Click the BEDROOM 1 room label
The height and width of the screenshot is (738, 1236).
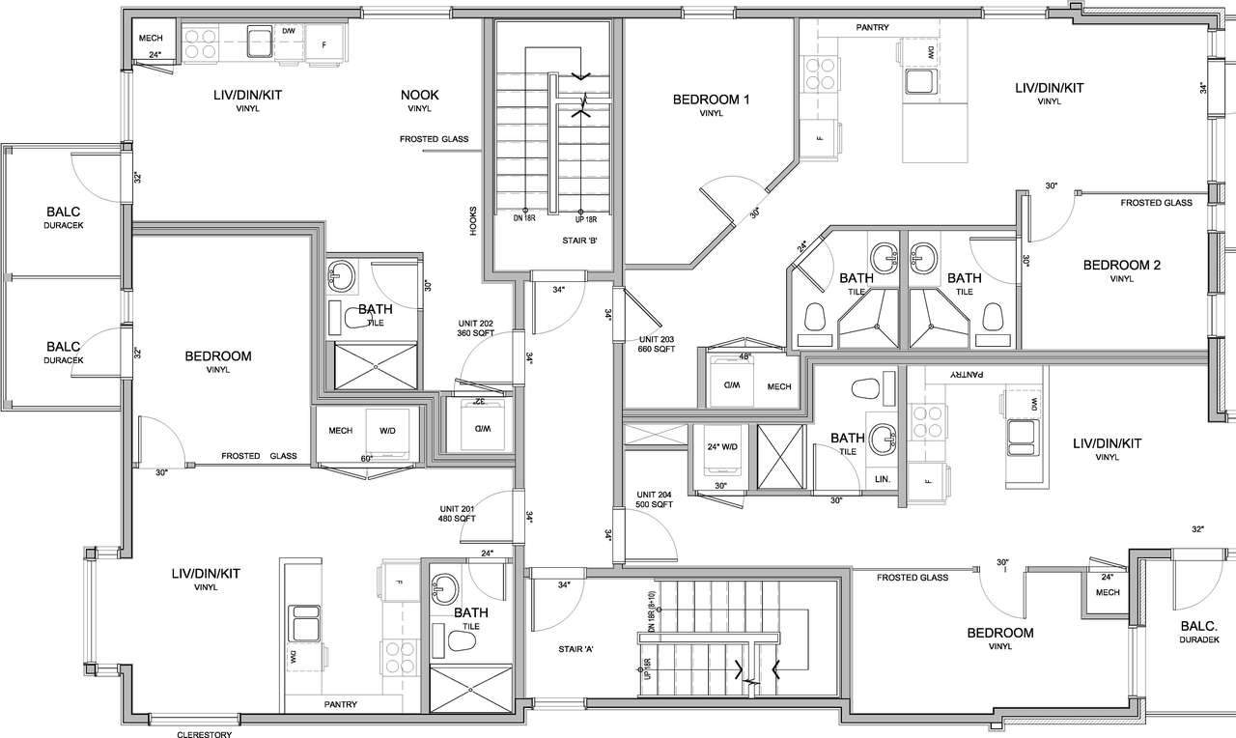pyautogui.click(x=711, y=99)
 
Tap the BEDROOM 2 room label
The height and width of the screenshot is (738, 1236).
pyautogui.click(x=1121, y=266)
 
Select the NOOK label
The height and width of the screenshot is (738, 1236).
pyautogui.click(x=420, y=95)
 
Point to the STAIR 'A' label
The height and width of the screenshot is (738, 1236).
pyautogui.click(x=575, y=649)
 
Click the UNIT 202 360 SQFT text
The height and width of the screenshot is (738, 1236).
pyautogui.click(x=475, y=328)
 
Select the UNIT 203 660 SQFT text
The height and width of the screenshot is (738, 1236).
pyautogui.click(x=656, y=344)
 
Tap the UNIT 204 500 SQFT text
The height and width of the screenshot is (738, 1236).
pyautogui.click(x=653, y=499)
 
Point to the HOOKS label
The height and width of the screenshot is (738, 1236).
pyautogui.click(x=472, y=220)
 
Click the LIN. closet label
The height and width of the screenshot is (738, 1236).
pyautogui.click(x=881, y=480)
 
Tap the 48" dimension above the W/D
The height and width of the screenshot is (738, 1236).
pyautogui.click(x=744, y=356)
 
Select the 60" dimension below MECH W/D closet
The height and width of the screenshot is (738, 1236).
pyautogui.click(x=367, y=459)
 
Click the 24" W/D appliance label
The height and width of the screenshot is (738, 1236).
pyautogui.click(x=722, y=446)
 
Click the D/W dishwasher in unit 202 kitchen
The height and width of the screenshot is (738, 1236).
pyautogui.click(x=288, y=31)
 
